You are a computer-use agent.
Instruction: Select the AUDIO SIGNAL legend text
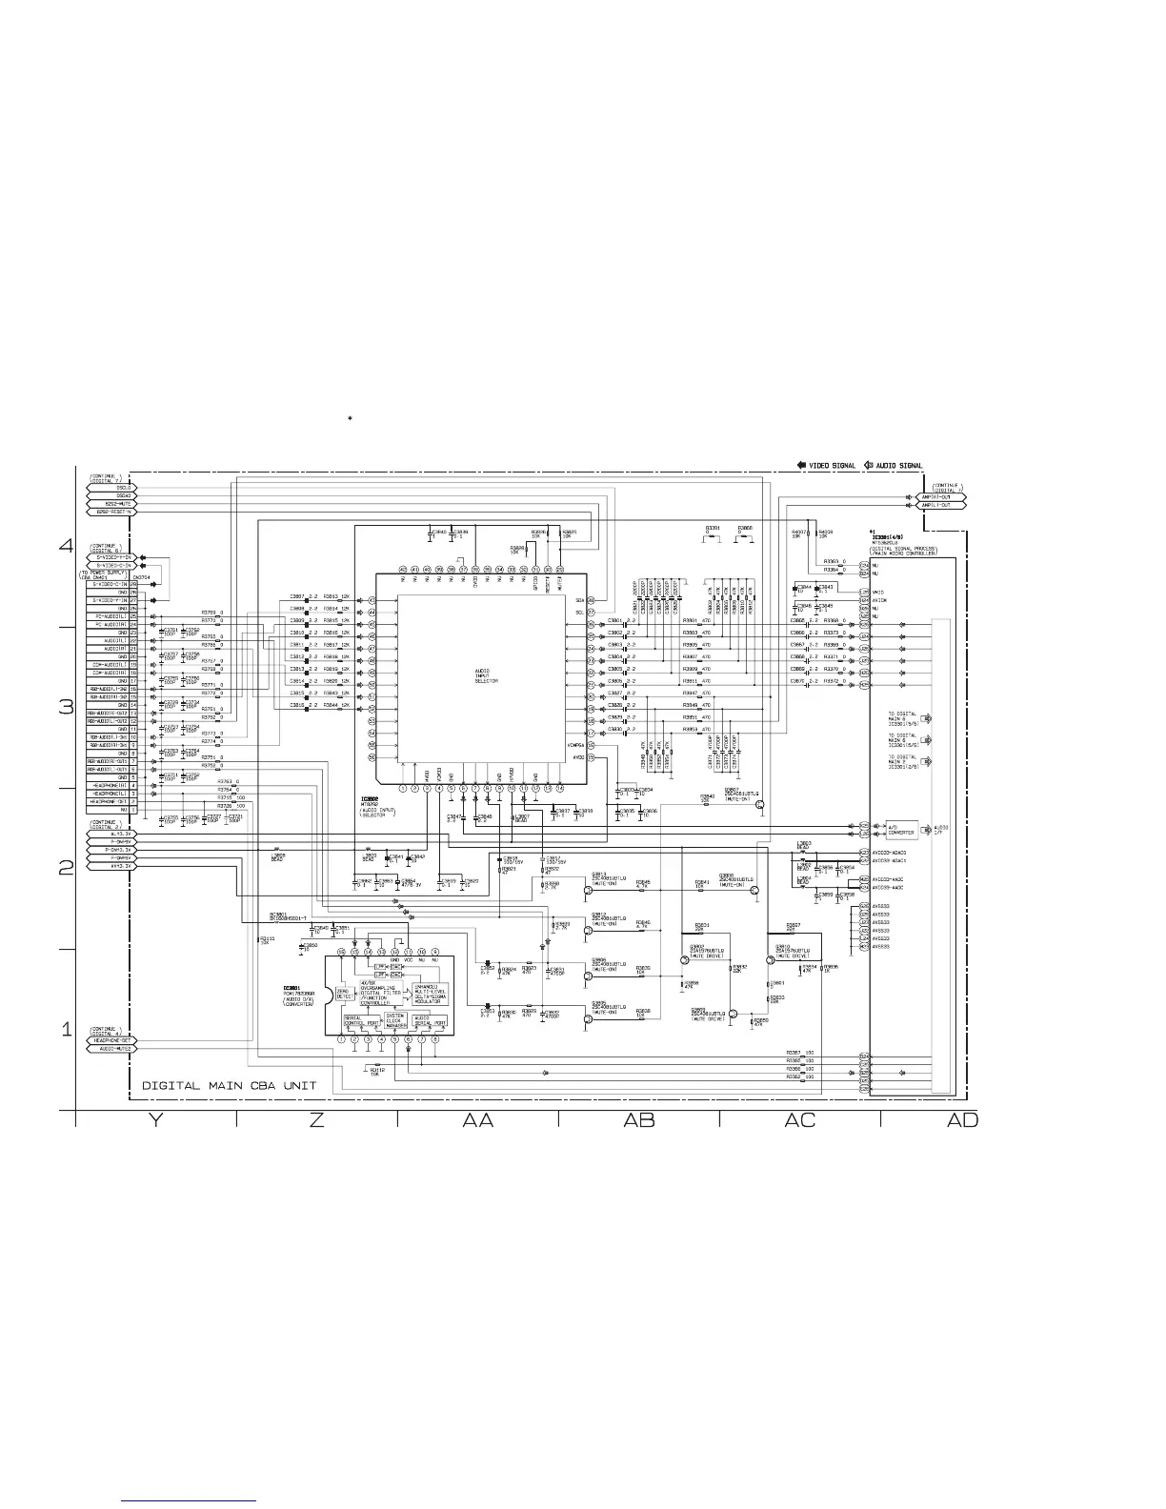[898, 466]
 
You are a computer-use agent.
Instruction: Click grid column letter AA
[477, 1121]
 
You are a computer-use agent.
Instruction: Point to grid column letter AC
[800, 1121]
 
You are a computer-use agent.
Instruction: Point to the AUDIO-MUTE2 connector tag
[111, 1048]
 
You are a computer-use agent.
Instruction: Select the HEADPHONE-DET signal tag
[111, 1040]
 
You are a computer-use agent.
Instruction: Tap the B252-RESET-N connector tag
[111, 512]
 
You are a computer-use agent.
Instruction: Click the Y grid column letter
[154, 1121]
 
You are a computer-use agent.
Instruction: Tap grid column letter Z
[316, 1121]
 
